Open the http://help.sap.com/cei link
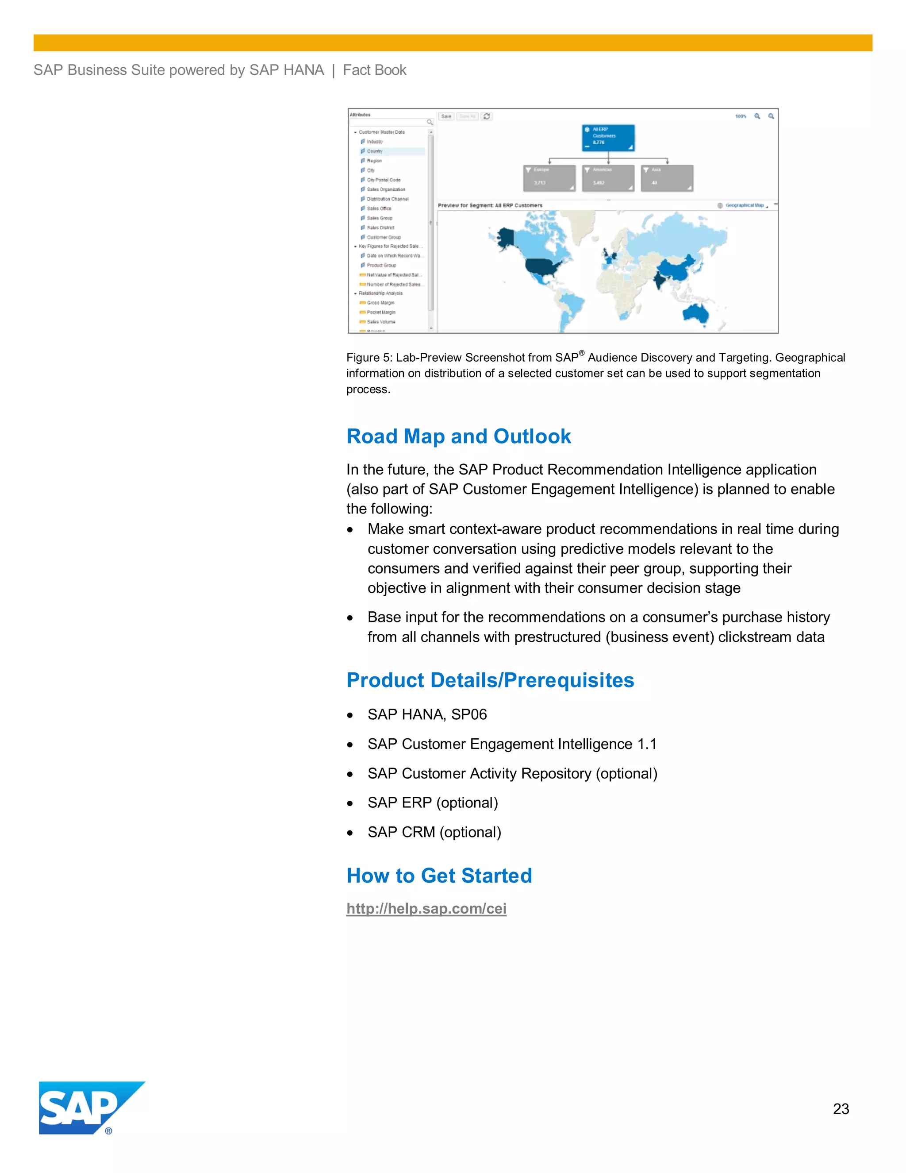click(x=426, y=908)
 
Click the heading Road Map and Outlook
click(x=458, y=436)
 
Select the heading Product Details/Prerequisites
click(x=490, y=680)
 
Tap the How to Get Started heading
click(x=439, y=876)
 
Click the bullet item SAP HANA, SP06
click(x=427, y=714)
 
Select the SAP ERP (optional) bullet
click(x=432, y=803)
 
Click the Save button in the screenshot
click(x=446, y=116)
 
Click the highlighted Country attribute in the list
click(x=375, y=151)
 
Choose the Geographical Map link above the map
click(x=744, y=205)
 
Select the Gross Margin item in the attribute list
click(x=380, y=303)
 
